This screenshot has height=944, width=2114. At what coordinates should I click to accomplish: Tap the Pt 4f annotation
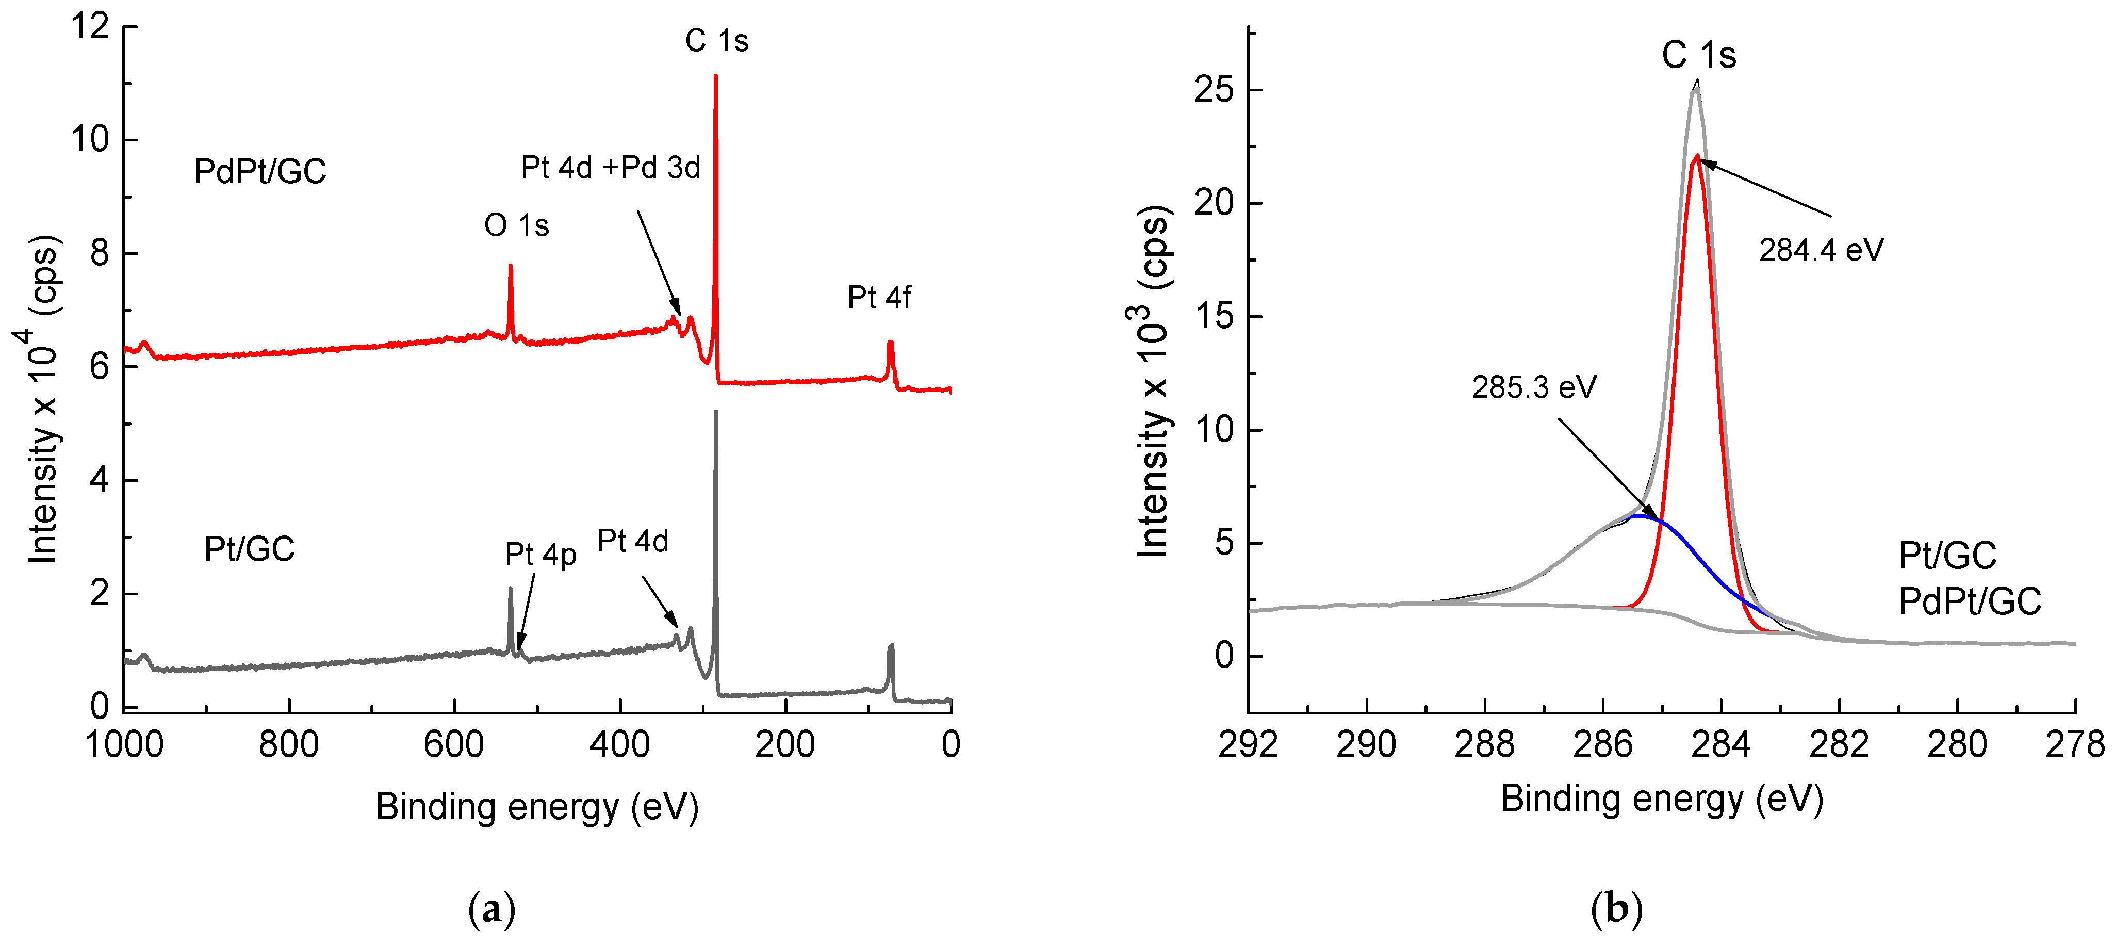pos(878,297)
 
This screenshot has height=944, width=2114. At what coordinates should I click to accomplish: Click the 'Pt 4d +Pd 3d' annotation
pos(611,168)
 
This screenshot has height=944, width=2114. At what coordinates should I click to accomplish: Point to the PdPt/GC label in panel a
pos(259,172)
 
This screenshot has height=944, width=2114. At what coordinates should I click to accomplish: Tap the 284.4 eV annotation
pos(1821,250)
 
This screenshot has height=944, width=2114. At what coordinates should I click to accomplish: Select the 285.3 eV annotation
pos(1534,387)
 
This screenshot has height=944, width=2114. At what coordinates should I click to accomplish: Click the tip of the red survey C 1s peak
pos(716,76)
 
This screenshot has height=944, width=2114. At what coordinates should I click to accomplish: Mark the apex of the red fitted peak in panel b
pos(1696,155)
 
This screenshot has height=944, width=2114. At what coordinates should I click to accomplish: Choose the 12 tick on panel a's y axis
pos(90,26)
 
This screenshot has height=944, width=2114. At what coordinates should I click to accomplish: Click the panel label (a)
pos(491,909)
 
